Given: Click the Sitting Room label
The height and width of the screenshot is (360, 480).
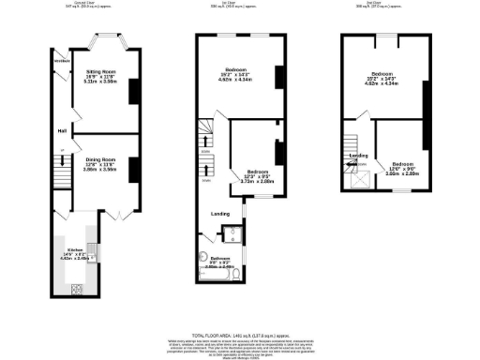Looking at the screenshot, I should pos(100,75).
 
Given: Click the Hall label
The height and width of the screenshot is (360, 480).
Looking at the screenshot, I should pos(61,130).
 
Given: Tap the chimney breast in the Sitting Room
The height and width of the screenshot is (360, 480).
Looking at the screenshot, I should pos(134,90).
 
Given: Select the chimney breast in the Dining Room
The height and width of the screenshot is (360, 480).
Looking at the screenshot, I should pos(134,170).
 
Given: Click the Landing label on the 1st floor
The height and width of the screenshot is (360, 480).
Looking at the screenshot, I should pos(219,212).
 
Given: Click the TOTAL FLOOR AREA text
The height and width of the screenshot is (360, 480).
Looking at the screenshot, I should pos(239,334).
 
